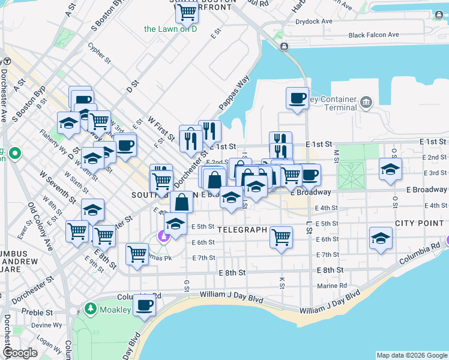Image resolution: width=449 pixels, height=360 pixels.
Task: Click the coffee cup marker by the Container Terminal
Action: (297, 98)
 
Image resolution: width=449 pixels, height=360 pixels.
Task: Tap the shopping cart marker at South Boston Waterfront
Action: (188, 11)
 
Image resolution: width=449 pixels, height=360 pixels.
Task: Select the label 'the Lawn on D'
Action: (170, 29)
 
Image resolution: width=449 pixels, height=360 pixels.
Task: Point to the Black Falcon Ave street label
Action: (373, 35)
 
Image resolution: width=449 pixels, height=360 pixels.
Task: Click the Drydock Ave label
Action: (314, 21)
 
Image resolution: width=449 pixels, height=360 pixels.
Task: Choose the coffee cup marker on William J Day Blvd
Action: (144, 305)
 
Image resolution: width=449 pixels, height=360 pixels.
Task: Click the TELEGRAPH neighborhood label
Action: (241, 230)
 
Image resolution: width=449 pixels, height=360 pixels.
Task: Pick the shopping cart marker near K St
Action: (281, 238)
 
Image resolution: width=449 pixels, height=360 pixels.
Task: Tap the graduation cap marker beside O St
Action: (390, 169)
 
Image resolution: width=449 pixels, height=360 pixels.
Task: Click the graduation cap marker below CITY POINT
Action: (381, 239)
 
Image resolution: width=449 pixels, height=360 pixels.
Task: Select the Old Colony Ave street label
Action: (40, 226)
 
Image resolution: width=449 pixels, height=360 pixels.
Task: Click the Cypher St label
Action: (99, 53)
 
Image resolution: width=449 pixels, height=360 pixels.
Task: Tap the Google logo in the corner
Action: (20, 353)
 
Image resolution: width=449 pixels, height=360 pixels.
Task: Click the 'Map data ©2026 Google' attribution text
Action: (411, 355)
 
